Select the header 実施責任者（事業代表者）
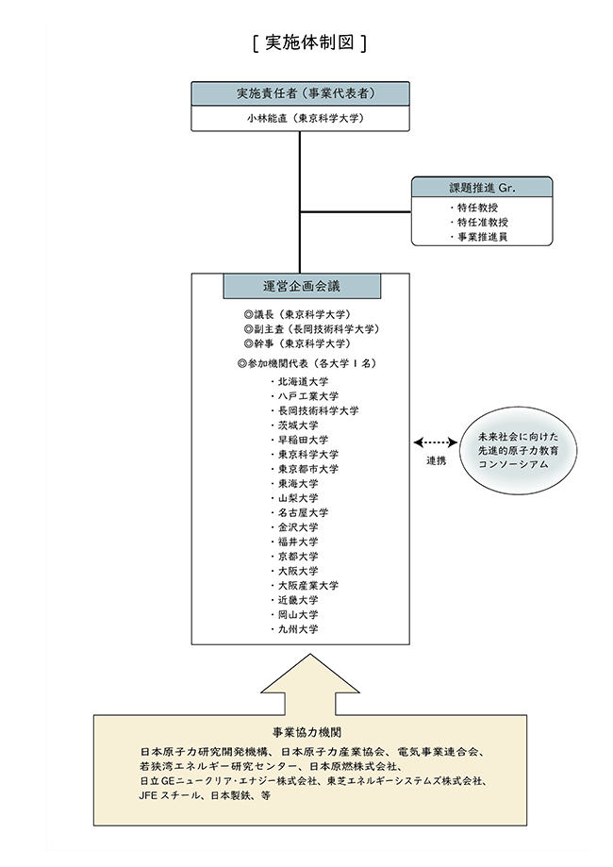point(300,93)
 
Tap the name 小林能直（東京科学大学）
point(300,119)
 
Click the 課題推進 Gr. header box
point(482,187)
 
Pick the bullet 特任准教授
point(483,222)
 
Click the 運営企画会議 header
point(302,286)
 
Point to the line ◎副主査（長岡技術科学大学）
point(310,328)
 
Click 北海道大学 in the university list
point(301,382)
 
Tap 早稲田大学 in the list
point(301,440)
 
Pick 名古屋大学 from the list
point(301,512)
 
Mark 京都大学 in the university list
point(297,556)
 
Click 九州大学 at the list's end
point(297,628)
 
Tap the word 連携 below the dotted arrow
point(435,460)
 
